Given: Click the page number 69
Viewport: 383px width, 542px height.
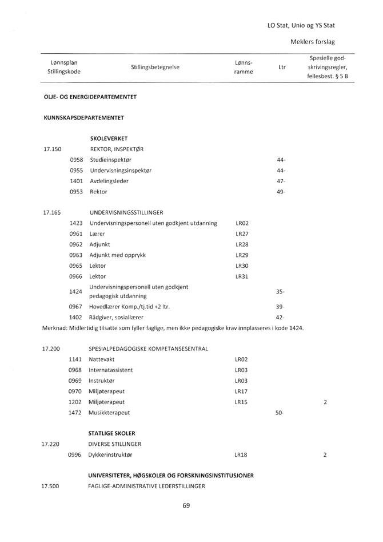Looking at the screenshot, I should pos(186,505).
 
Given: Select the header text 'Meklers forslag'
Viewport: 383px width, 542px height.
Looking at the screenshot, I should pos(312,42).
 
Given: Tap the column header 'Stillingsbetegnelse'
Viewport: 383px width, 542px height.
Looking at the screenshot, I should pos(155,67).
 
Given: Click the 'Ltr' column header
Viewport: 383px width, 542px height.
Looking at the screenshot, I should pos(281,67).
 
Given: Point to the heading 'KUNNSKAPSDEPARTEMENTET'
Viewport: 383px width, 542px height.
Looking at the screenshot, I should pos(83,117).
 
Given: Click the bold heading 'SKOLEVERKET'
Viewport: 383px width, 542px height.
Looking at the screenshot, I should pos(109,139).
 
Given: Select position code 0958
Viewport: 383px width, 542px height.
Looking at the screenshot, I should pos(76,160).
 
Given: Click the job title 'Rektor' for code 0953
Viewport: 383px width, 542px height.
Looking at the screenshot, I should pos(98,191).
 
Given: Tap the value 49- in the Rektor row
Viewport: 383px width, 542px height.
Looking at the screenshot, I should pos(281,191).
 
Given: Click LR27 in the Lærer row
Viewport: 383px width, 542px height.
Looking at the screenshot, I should pos(241,234).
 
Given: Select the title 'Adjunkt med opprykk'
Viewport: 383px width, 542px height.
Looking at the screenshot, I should pos(118,255).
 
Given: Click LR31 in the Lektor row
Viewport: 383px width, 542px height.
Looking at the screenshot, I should pos(241,276).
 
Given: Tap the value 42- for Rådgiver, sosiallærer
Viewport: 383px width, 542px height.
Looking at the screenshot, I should pos(281,317).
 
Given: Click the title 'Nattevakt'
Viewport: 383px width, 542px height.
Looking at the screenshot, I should pos(103,359).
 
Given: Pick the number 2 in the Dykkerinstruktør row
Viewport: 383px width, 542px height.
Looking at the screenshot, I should pos(325,454).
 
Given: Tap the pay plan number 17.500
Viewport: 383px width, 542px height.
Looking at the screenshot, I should pos(51,486).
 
